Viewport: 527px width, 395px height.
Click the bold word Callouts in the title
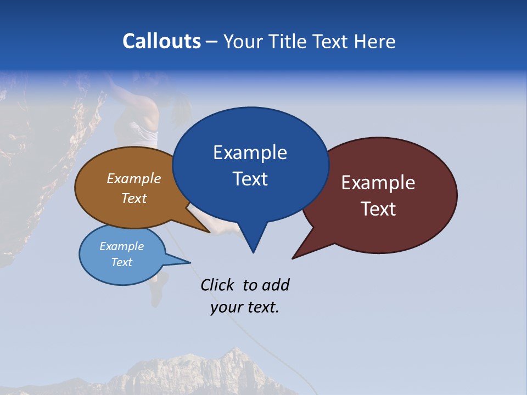coord(162,41)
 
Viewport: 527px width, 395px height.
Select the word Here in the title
coord(375,41)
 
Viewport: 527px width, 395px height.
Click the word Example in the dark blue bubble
coord(250,153)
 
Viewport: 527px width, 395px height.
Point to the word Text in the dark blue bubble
coord(250,178)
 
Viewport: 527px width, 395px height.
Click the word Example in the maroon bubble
coord(378,183)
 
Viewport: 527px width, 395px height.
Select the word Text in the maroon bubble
coord(378,208)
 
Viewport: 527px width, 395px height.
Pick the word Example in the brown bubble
coord(133,178)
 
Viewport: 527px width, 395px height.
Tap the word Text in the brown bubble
coord(133,198)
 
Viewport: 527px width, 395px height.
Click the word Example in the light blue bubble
coord(121,246)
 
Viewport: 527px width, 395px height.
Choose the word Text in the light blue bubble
coord(121,262)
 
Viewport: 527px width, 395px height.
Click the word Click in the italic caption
coord(218,285)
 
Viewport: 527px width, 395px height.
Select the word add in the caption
coord(275,285)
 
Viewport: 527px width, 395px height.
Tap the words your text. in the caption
coord(245,307)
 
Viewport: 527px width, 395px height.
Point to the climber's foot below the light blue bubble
coord(158,299)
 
